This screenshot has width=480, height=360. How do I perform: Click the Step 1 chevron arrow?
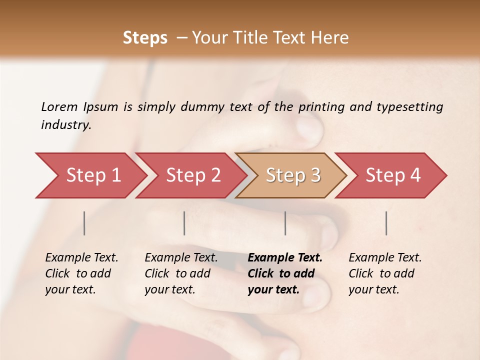click(x=92, y=175)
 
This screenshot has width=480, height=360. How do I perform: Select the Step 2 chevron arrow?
click(x=192, y=175)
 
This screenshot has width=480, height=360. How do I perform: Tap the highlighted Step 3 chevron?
click(x=292, y=175)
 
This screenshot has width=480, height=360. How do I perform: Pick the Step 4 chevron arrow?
click(x=392, y=175)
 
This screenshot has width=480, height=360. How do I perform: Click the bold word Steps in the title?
click(x=145, y=38)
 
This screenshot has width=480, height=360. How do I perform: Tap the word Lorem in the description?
click(x=59, y=106)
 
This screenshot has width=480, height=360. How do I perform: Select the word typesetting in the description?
click(x=410, y=106)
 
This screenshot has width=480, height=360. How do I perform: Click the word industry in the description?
click(x=65, y=125)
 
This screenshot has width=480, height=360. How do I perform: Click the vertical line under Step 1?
click(x=84, y=223)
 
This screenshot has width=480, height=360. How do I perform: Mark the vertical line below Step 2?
click(x=184, y=223)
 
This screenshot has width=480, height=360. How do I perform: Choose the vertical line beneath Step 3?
click(x=285, y=223)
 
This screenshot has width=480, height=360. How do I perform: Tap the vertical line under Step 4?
click(x=386, y=223)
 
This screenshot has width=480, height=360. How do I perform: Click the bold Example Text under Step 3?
click(x=285, y=258)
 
